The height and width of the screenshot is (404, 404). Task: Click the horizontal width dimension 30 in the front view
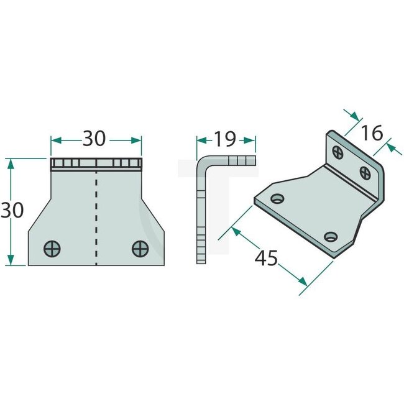pyautogui.click(x=94, y=139)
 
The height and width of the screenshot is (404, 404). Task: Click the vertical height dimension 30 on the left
pyautogui.click(x=12, y=211)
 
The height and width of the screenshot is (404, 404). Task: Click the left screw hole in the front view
pyautogui.click(x=53, y=249)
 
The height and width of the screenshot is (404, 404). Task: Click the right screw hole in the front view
pyautogui.click(x=140, y=249)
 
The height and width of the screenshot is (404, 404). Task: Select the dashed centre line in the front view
pyautogui.click(x=96, y=218)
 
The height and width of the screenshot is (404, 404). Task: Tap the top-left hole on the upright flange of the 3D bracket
pyautogui.click(x=337, y=150)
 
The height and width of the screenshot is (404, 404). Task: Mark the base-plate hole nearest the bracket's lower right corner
pyautogui.click(x=331, y=236)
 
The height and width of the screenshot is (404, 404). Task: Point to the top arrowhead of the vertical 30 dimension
pyautogui.click(x=9, y=162)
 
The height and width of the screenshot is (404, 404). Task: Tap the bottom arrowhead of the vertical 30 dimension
pyautogui.click(x=9, y=262)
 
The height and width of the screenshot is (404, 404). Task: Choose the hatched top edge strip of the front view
pyautogui.click(x=96, y=164)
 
